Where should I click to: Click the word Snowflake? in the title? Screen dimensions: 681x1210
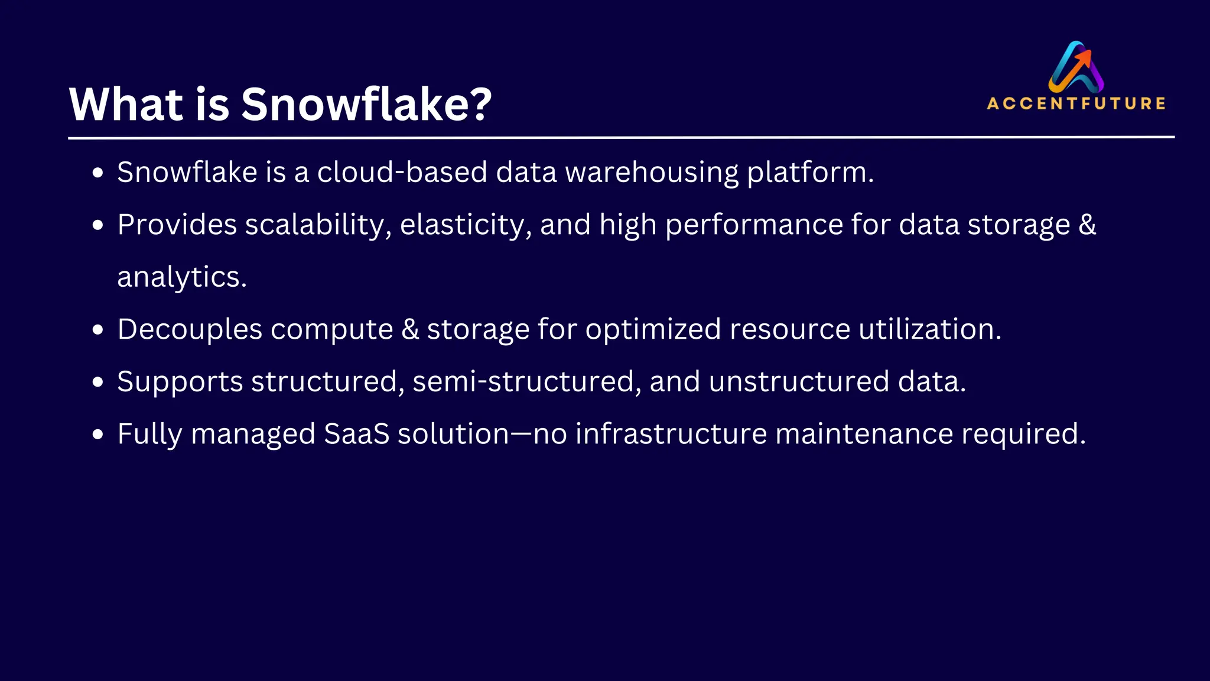tap(366, 104)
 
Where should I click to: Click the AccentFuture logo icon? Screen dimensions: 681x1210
tap(1076, 66)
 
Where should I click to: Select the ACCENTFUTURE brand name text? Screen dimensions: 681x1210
tap(1076, 103)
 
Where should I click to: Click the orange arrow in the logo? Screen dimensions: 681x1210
tap(1083, 59)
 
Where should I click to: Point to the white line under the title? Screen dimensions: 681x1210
tap(621, 137)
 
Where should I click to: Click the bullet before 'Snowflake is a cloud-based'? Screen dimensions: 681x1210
tap(98, 173)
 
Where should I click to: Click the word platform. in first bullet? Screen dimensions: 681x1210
tap(810, 173)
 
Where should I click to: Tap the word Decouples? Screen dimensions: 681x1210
tap(190, 329)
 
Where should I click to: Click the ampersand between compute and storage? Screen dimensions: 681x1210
tap(410, 329)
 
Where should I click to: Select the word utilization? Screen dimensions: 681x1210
tap(930, 329)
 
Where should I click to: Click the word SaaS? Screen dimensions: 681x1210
tap(357, 434)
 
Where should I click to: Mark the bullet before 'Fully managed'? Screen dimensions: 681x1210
tap(98, 434)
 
